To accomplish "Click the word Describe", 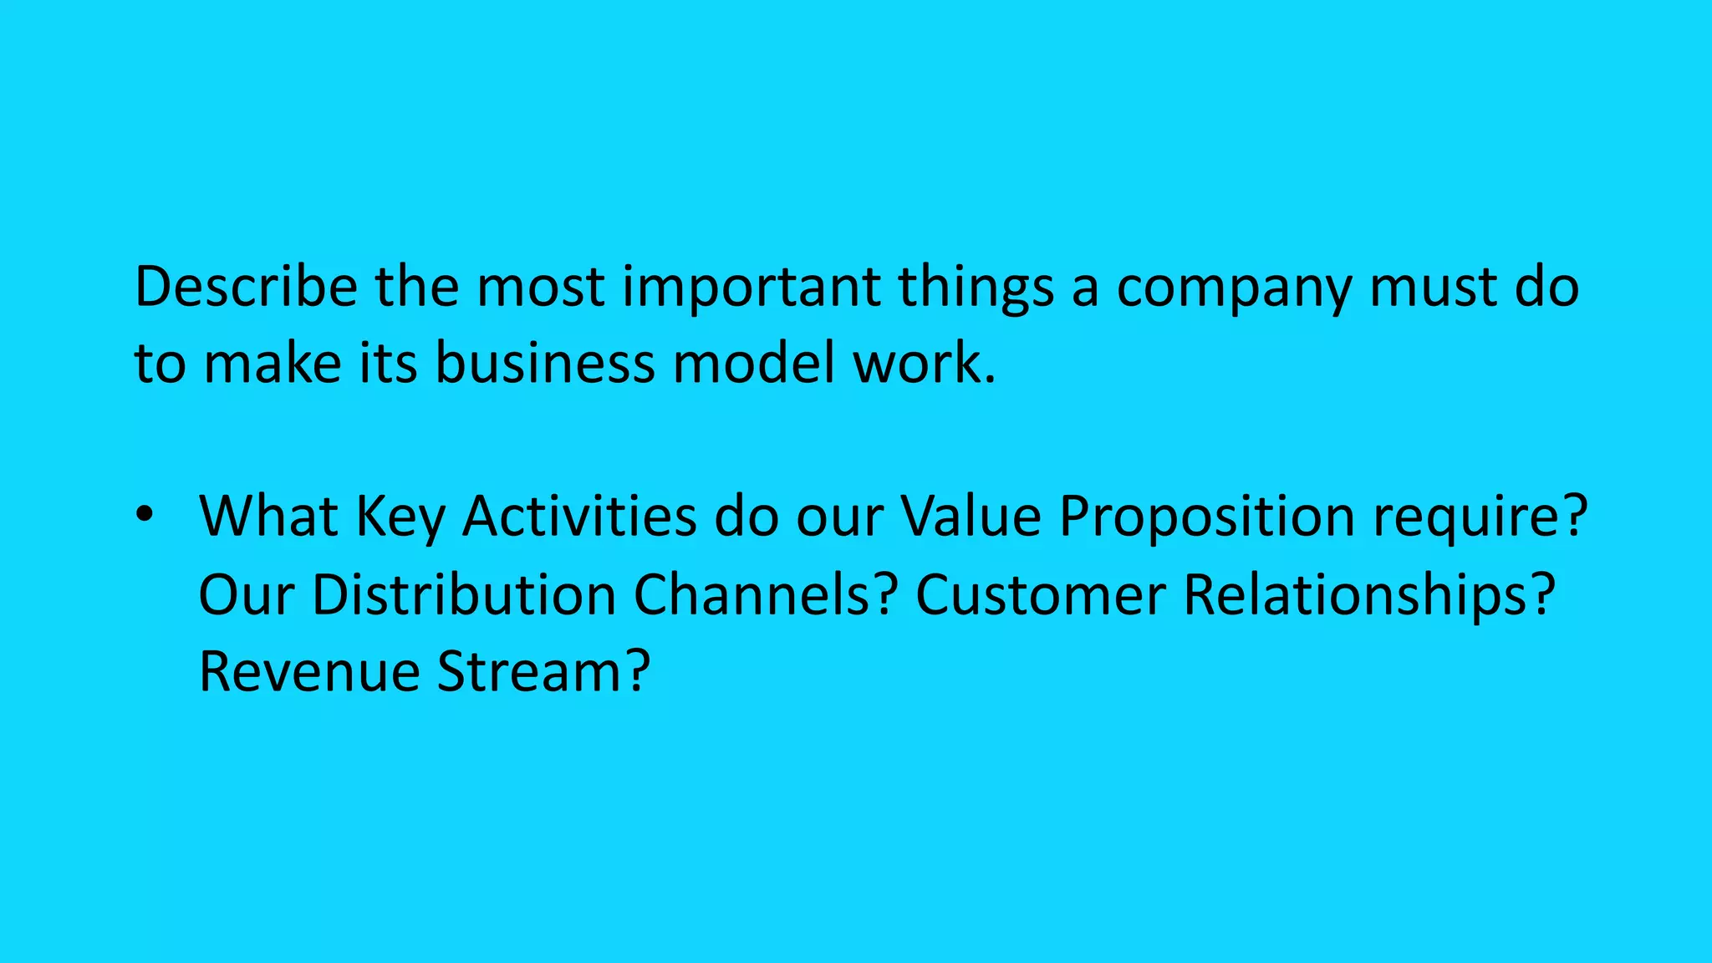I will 246,287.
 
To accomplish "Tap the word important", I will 751,287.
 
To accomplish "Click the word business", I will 545,364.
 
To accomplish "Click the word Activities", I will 579,516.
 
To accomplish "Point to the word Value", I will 971,516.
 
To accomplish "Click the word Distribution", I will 464,594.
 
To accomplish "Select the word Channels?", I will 766,594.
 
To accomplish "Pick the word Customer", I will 1041,594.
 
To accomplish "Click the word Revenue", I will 309,671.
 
